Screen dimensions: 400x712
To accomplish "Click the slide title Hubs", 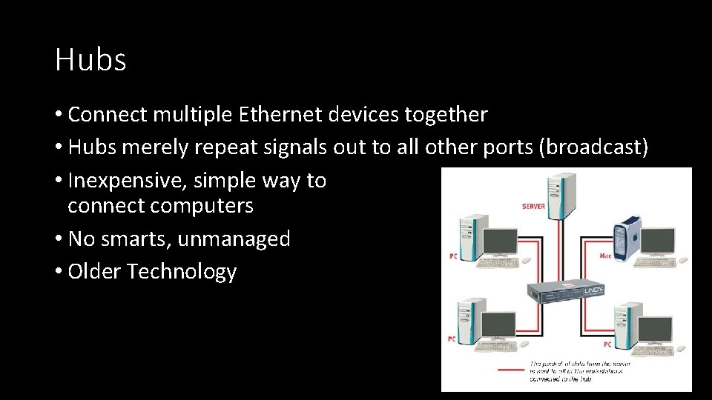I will (x=90, y=60).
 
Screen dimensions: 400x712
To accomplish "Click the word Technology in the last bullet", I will (x=181, y=272).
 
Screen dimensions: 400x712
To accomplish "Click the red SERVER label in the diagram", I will (x=533, y=206).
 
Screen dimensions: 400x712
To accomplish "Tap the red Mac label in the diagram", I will (x=605, y=256).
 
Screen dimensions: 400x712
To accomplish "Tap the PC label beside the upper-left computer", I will (x=453, y=256).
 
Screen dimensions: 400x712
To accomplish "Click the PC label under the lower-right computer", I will (x=607, y=344).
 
